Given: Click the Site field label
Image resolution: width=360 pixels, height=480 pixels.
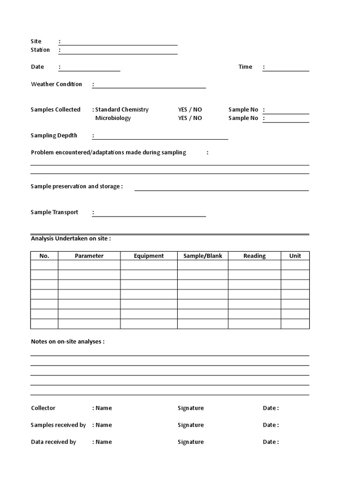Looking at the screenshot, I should tap(36, 41).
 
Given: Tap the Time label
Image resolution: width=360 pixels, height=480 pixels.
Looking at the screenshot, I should tap(245, 67).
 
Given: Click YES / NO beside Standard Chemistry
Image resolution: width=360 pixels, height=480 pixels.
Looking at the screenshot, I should tap(190, 109).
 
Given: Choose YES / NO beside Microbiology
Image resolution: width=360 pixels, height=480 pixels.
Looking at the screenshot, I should tap(190, 118).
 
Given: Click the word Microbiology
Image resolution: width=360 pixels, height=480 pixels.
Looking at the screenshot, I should tap(113, 118).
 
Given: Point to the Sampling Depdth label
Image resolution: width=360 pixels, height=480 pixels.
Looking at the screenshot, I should tap(54, 135).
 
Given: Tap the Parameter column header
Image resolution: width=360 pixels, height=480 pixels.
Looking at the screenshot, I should tap(89, 255).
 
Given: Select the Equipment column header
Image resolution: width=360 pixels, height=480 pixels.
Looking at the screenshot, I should tap(149, 255).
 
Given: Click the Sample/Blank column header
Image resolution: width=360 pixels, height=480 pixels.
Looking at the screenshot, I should tap(202, 255).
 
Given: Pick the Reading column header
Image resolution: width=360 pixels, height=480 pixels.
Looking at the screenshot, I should tap(255, 255).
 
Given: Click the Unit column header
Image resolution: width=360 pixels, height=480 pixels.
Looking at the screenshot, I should tap(295, 255).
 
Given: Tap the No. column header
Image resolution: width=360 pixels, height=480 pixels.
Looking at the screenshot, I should tap(45, 255).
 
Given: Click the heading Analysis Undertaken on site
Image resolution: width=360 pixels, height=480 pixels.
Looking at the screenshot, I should tap(71, 238).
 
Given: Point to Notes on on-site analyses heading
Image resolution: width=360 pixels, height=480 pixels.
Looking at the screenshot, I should tap(67, 341).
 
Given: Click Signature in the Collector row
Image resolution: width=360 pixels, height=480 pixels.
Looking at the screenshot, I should tap(191, 408).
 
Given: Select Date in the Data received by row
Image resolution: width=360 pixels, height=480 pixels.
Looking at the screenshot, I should tap(270, 442).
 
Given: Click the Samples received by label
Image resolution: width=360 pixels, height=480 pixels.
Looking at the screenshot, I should tap(58, 425).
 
